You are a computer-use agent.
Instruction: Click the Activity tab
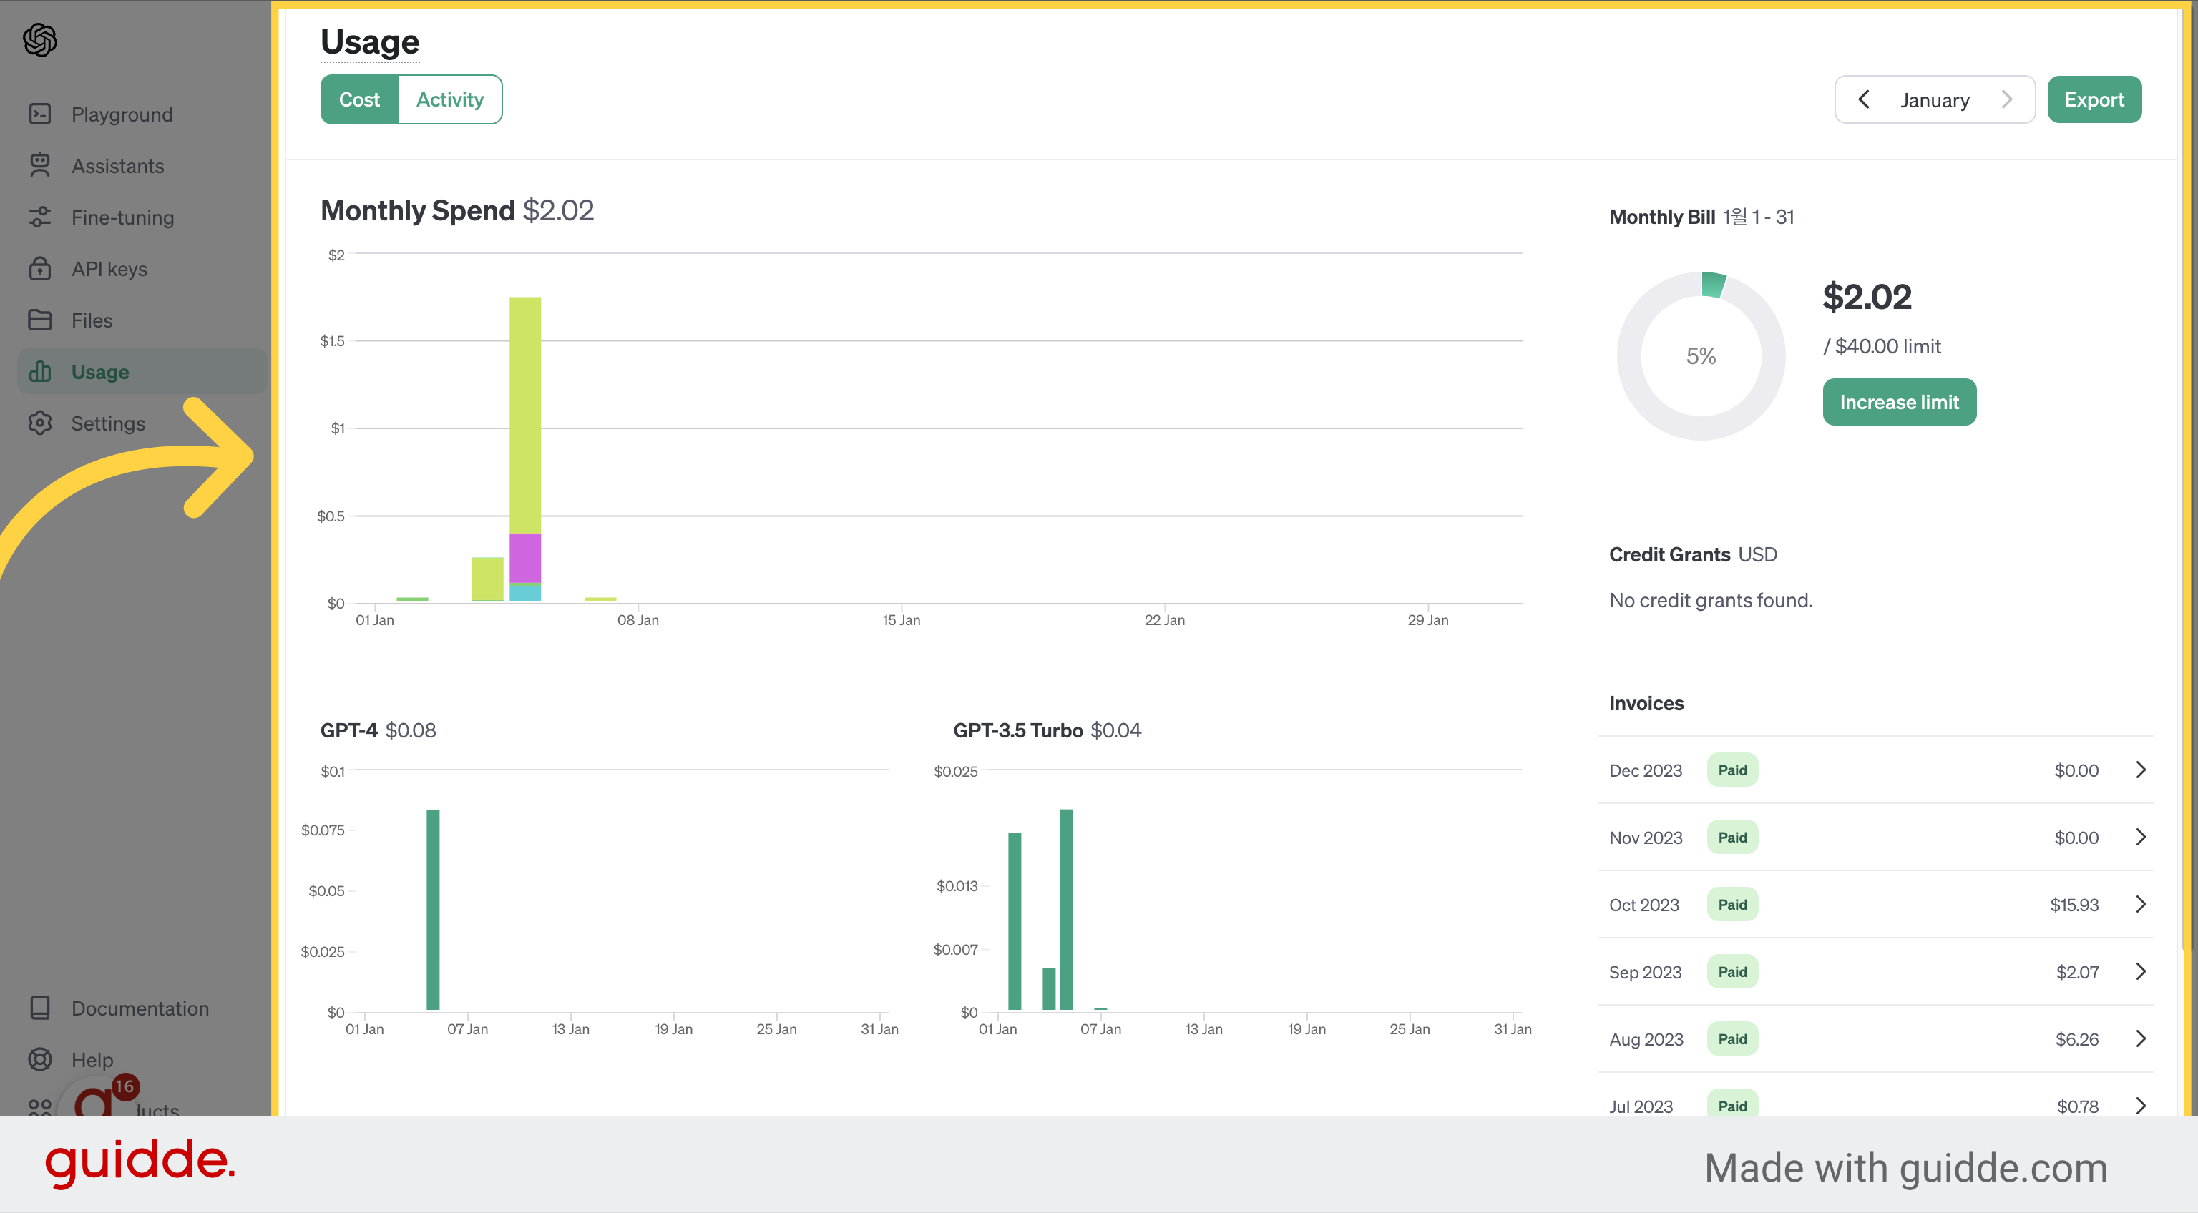(x=449, y=100)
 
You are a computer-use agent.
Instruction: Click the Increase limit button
(x=1900, y=402)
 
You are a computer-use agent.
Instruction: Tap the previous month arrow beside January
(x=1864, y=100)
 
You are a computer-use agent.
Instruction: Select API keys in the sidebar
(x=109, y=269)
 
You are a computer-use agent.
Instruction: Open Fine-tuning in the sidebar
(x=123, y=217)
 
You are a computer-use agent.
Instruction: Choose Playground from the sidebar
(x=122, y=114)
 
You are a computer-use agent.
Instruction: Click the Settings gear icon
(x=40, y=423)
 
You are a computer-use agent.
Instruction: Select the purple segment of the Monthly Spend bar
(x=524, y=558)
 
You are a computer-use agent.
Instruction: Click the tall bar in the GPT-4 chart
(x=433, y=909)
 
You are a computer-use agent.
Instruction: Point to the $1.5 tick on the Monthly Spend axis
(x=333, y=341)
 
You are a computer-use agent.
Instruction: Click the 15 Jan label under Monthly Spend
(x=901, y=620)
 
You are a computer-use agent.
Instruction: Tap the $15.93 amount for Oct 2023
(x=2074, y=905)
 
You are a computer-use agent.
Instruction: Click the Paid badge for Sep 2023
(x=1732, y=971)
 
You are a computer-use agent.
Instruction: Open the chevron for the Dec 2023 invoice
(x=2140, y=770)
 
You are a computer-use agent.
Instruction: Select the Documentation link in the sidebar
(x=140, y=1008)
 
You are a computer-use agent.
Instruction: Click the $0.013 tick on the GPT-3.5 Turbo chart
(x=957, y=886)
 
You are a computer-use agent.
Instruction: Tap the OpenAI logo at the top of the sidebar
(x=40, y=39)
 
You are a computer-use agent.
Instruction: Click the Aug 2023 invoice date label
(x=1646, y=1039)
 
